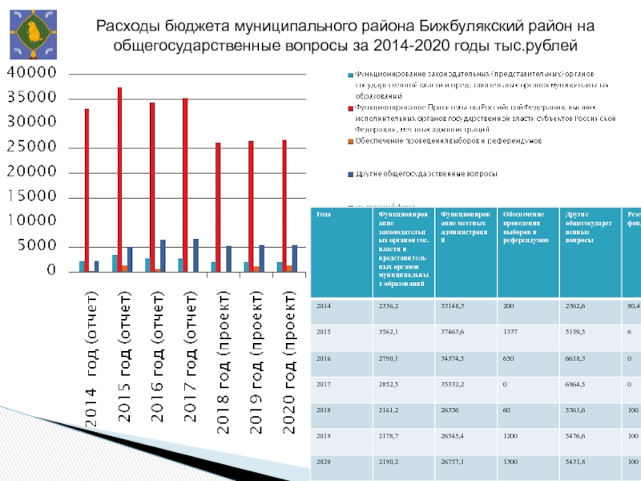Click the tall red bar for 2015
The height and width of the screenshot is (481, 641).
tap(119, 176)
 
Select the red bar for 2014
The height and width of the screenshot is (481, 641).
tap(87, 188)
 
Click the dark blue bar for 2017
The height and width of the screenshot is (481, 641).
tap(196, 255)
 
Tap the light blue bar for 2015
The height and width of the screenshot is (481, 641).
tap(115, 263)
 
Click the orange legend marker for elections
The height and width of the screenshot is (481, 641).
tap(350, 140)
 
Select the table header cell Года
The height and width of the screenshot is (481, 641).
tap(323, 214)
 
